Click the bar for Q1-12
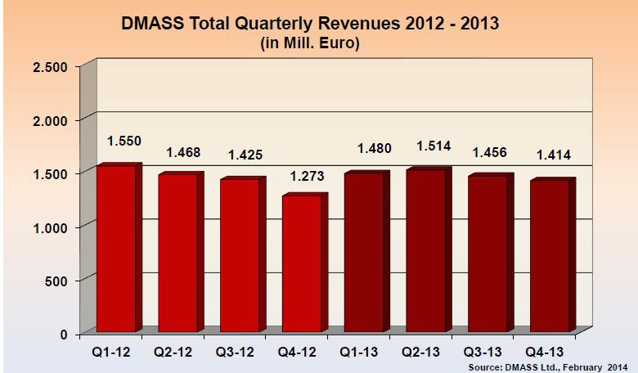pyautogui.click(x=116, y=249)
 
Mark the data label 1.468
pyautogui.click(x=183, y=151)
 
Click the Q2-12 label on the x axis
pyautogui.click(x=173, y=354)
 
